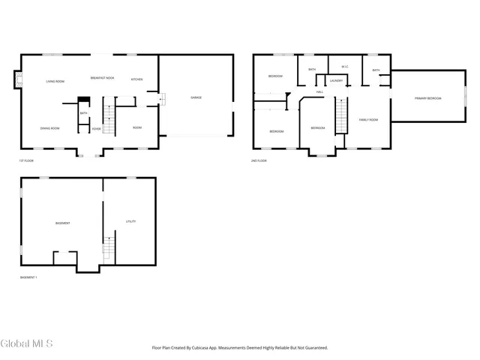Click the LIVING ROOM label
pyautogui.click(x=55, y=81)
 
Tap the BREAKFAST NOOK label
pyautogui.click(x=102, y=78)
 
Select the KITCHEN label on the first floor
pyautogui.click(x=137, y=79)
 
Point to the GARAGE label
pyautogui.click(x=196, y=97)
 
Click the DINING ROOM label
pyautogui.click(x=50, y=128)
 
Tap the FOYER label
pyautogui.click(x=96, y=129)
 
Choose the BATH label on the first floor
pyautogui.click(x=83, y=113)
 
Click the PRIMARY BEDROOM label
pyautogui.click(x=427, y=98)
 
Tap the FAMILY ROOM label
pyautogui.click(x=368, y=120)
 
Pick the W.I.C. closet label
pyautogui.click(x=344, y=67)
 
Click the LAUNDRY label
pyautogui.click(x=336, y=80)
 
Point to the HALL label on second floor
pyautogui.click(x=319, y=92)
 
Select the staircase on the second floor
pyautogui.click(x=340, y=116)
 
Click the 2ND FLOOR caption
pyautogui.click(x=259, y=160)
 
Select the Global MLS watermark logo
pyautogui.click(x=27, y=344)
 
